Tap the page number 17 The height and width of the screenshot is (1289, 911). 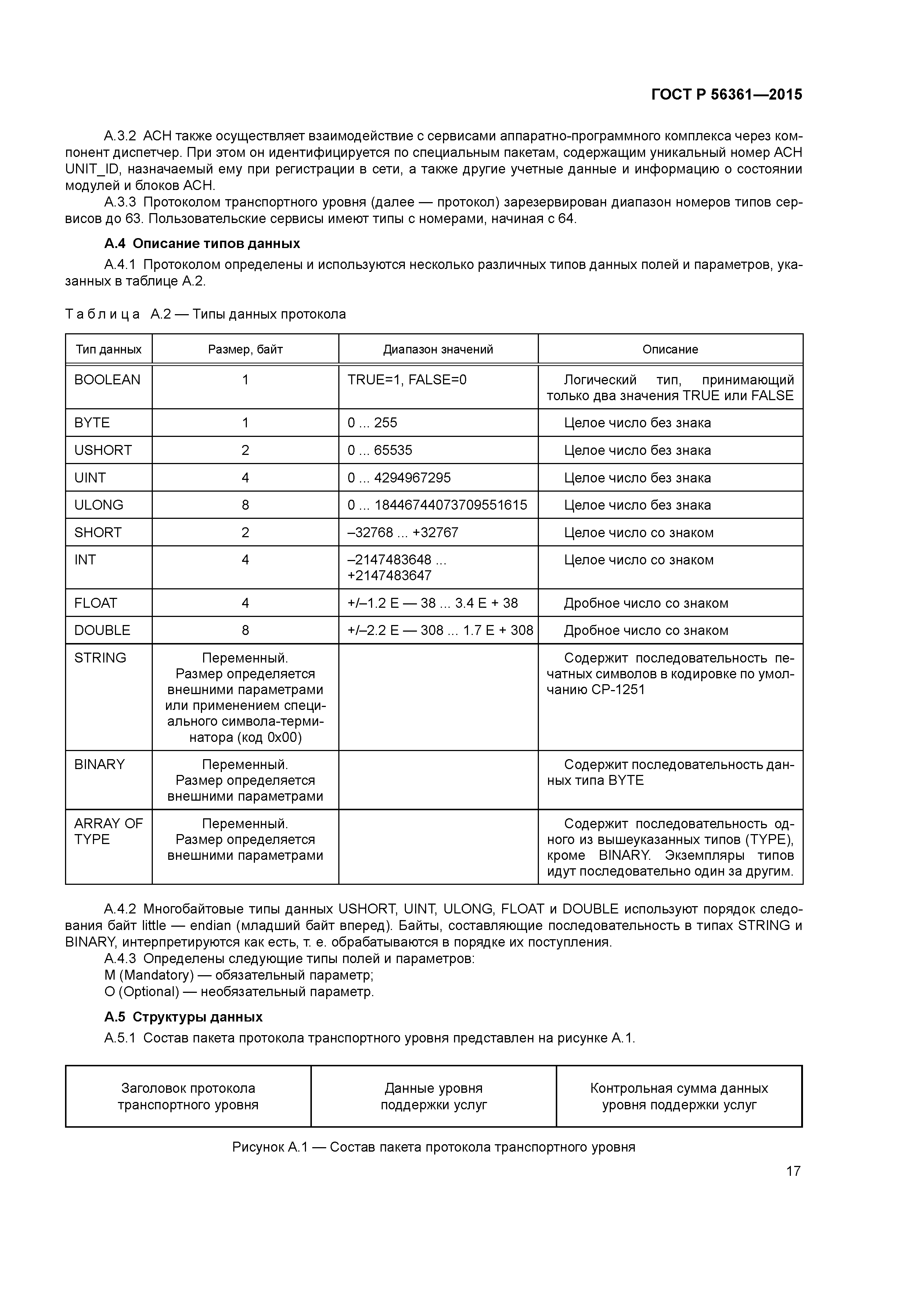pyautogui.click(x=793, y=1171)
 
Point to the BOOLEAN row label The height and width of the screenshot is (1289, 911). pyautogui.click(x=107, y=380)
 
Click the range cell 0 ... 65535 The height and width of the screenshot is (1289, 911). pyautogui.click(x=380, y=450)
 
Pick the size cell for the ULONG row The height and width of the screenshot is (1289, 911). pyautogui.click(x=245, y=505)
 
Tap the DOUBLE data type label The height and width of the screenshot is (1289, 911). pyautogui.click(x=102, y=630)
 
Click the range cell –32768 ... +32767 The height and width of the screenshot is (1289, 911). pyautogui.click(x=403, y=532)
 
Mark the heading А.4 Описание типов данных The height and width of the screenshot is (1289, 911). pyautogui.click(x=202, y=244)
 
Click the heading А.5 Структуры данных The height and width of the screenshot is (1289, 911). pyautogui.click(x=184, y=1017)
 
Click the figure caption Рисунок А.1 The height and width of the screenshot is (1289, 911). pyautogui.click(x=433, y=1146)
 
